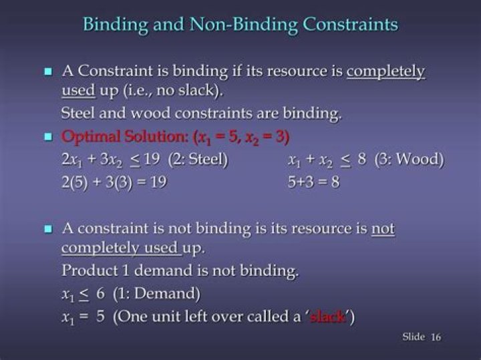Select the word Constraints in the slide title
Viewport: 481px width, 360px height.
pyautogui.click(x=350, y=24)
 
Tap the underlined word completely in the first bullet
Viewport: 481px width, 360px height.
pyautogui.click(x=385, y=72)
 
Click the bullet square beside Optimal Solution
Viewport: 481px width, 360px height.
pyautogui.click(x=48, y=136)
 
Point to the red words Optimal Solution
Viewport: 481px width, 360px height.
pyautogui.click(x=124, y=136)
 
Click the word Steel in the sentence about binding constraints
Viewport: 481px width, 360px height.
pyautogui.click(x=78, y=113)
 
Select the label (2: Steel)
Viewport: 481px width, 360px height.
pyautogui.click(x=198, y=160)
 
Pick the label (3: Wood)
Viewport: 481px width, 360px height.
pyautogui.click(x=410, y=160)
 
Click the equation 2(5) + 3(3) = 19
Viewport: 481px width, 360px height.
pyautogui.click(x=114, y=182)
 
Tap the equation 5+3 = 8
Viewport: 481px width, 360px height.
pyautogui.click(x=313, y=182)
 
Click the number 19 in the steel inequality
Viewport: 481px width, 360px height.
pyautogui.click(x=152, y=159)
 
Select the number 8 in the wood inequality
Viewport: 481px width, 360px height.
pyautogui.click(x=362, y=159)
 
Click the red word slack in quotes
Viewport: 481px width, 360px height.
pyautogui.click(x=327, y=317)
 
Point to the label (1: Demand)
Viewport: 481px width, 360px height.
pyautogui.click(x=157, y=294)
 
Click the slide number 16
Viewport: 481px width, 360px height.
pyautogui.click(x=436, y=337)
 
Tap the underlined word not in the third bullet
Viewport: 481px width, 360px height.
pyautogui.click(x=383, y=228)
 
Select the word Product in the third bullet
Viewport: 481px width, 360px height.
pyautogui.click(x=90, y=271)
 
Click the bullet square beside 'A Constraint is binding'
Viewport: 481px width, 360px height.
pyautogui.click(x=48, y=71)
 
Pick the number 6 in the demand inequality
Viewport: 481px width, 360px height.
pyautogui.click(x=100, y=294)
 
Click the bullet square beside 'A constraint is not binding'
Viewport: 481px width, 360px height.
pyautogui.click(x=48, y=229)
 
